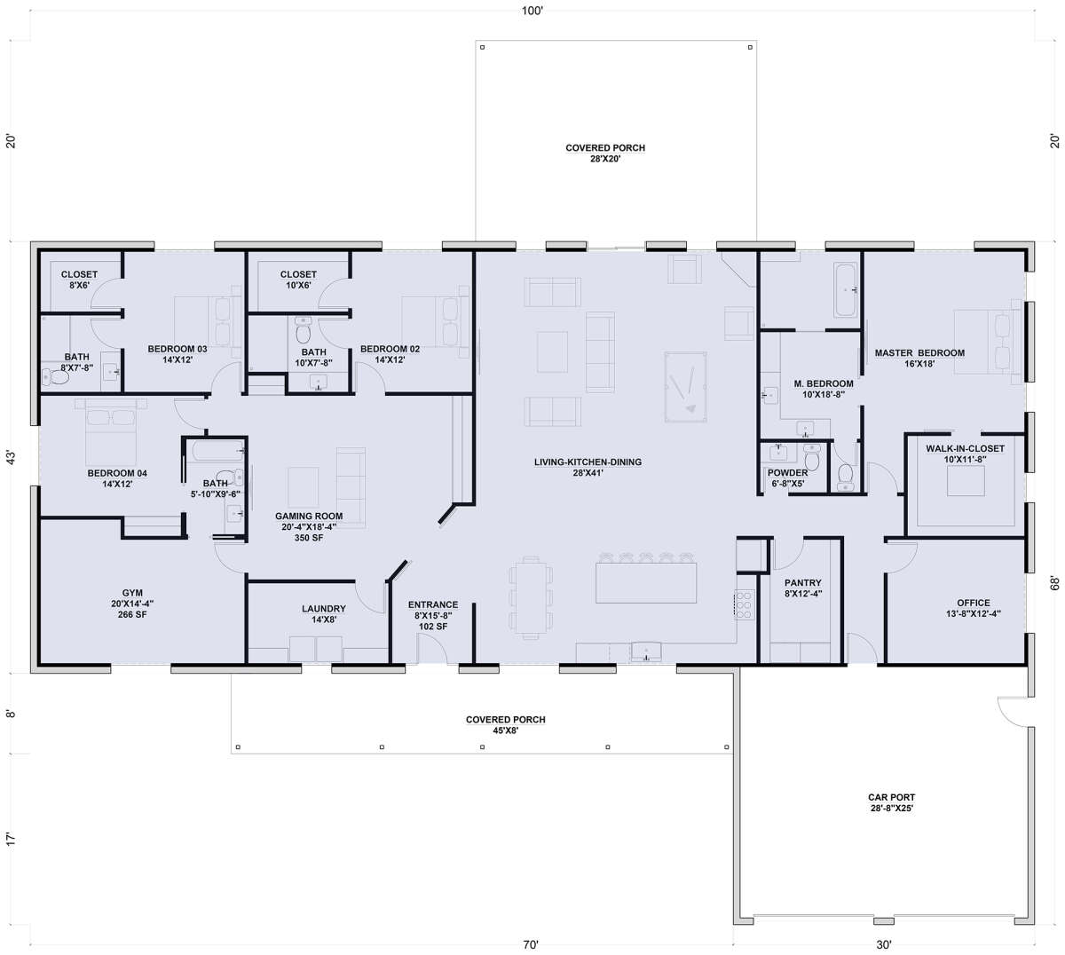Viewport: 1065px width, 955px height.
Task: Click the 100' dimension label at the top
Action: coord(532,11)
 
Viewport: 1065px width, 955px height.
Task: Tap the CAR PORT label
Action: coord(892,797)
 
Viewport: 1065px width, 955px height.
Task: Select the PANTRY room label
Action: coord(802,583)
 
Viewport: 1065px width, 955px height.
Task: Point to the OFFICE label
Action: coord(974,603)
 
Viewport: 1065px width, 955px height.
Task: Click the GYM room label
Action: coord(132,593)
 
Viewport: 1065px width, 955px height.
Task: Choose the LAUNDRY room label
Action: coord(324,609)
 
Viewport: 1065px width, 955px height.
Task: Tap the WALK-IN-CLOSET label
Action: coord(965,448)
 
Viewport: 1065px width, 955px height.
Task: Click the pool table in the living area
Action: coord(685,386)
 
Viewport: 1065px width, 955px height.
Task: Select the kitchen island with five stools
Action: coord(646,582)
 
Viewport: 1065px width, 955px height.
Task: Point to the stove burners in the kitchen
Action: coord(744,604)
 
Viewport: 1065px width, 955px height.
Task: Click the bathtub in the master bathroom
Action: coord(845,289)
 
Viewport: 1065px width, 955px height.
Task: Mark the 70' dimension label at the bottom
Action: coord(531,944)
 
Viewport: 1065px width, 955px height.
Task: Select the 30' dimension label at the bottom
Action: coord(884,944)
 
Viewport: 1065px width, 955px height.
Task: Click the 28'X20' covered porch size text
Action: coord(605,158)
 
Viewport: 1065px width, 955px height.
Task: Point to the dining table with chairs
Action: coord(531,598)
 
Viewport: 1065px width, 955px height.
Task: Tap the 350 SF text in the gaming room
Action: coord(309,538)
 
